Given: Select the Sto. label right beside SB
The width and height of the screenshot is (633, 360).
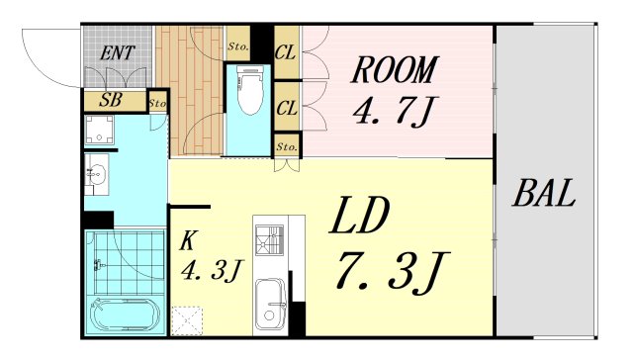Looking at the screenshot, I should (x=157, y=102).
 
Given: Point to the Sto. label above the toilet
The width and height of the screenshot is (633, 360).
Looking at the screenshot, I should (x=237, y=46).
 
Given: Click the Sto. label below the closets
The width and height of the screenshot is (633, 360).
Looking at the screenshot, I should (x=287, y=147).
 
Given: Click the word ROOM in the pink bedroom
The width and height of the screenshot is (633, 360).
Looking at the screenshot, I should (x=394, y=70).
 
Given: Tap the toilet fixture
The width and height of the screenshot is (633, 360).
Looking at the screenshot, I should (x=247, y=94).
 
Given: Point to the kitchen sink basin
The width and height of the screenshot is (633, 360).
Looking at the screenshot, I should (x=269, y=303).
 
